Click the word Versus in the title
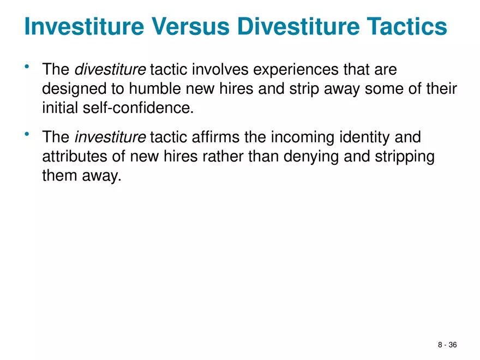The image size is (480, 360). pos(190,26)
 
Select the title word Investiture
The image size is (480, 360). pos(84,26)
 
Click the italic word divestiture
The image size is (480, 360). pos(110,69)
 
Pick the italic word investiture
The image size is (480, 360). pos(110,137)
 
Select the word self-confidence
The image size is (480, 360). pos(139,108)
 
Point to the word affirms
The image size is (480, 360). pos(216,137)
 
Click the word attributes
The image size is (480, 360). pos(74,157)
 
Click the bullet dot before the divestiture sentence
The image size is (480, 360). pos(27,66)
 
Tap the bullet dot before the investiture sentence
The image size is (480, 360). pos(27,134)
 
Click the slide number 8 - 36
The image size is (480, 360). pos(447,345)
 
